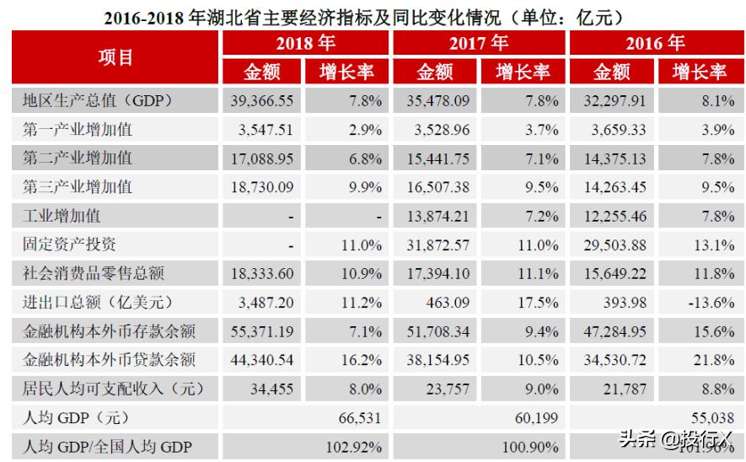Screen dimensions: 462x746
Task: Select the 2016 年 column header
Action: tap(654, 43)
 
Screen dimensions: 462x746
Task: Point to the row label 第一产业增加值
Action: tap(78, 130)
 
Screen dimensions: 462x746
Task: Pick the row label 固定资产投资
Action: tap(69, 244)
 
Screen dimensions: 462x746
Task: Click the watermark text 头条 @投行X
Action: tap(675, 438)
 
